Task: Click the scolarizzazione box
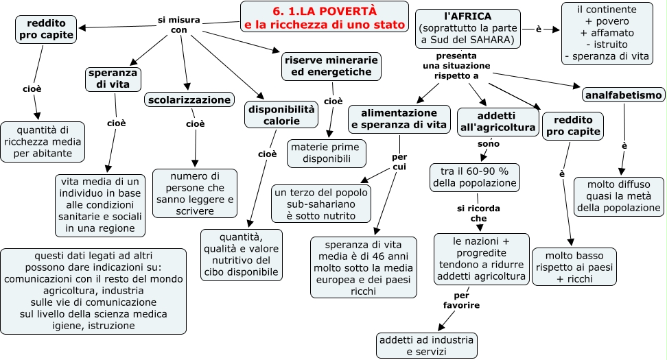(x=189, y=99)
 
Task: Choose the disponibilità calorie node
(x=281, y=115)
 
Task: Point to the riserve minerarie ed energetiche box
(x=331, y=66)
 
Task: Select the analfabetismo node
(x=624, y=94)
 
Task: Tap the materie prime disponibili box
(x=326, y=153)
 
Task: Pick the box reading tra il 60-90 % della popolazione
(x=474, y=177)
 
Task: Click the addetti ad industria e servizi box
(x=426, y=346)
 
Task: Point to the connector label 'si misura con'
(x=178, y=25)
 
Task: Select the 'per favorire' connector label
(x=461, y=300)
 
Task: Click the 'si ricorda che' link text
(x=478, y=213)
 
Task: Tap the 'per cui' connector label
(x=399, y=162)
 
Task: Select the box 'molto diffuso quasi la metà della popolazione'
(x=618, y=196)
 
